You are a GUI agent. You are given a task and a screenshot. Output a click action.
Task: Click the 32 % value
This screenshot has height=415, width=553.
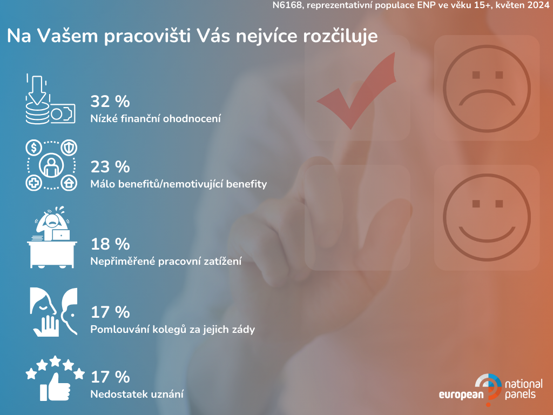110,102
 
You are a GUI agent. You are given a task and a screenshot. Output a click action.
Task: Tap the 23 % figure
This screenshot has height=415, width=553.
110,167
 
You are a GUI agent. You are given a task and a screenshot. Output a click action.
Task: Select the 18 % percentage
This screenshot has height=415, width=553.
110,244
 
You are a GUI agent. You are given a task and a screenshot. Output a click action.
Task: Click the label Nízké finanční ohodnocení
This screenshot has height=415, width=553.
156,118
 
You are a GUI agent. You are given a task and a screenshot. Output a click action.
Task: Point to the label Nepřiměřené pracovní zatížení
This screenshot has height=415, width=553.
166,261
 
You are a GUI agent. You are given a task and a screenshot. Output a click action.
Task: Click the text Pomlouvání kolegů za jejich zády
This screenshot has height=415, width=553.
172,330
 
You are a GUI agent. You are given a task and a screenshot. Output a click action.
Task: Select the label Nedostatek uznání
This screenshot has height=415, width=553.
137,394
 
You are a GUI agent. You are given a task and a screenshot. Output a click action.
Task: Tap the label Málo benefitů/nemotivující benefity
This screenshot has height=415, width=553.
178,184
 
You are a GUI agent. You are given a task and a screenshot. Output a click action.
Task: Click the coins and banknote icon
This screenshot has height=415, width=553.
50,99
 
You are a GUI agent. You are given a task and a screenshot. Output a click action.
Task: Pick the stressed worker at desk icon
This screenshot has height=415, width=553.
52,237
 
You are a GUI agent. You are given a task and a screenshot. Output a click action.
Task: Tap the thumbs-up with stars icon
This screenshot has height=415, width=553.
55,378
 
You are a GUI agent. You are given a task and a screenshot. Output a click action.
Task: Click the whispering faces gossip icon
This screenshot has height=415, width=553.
53,312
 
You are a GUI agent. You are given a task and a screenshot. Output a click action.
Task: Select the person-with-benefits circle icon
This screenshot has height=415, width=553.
51,165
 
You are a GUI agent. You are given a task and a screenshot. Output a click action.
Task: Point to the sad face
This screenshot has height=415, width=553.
487,88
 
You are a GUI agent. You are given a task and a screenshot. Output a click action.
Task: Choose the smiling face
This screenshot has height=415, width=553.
487,217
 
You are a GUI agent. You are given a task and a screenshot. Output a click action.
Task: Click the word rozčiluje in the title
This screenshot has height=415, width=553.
340,36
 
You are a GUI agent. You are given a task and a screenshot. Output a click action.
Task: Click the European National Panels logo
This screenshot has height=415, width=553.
490,390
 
